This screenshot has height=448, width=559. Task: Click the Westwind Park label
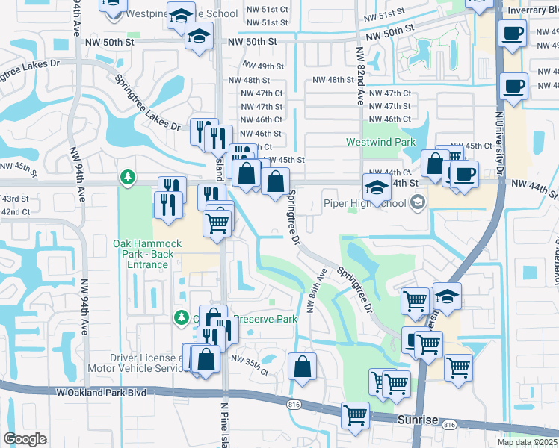(x=380, y=142)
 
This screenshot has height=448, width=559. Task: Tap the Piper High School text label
(x=365, y=203)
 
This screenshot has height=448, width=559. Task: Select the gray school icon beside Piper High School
(x=418, y=202)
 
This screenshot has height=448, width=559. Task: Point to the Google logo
(x=25, y=439)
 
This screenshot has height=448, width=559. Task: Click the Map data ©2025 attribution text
(x=527, y=442)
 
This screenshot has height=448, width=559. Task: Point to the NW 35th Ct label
(x=249, y=361)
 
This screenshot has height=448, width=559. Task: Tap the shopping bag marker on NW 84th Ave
(x=302, y=367)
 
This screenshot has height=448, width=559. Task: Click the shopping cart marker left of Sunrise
(x=356, y=414)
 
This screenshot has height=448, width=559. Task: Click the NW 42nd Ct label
(x=15, y=212)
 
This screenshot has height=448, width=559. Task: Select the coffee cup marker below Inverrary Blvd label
(x=513, y=35)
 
